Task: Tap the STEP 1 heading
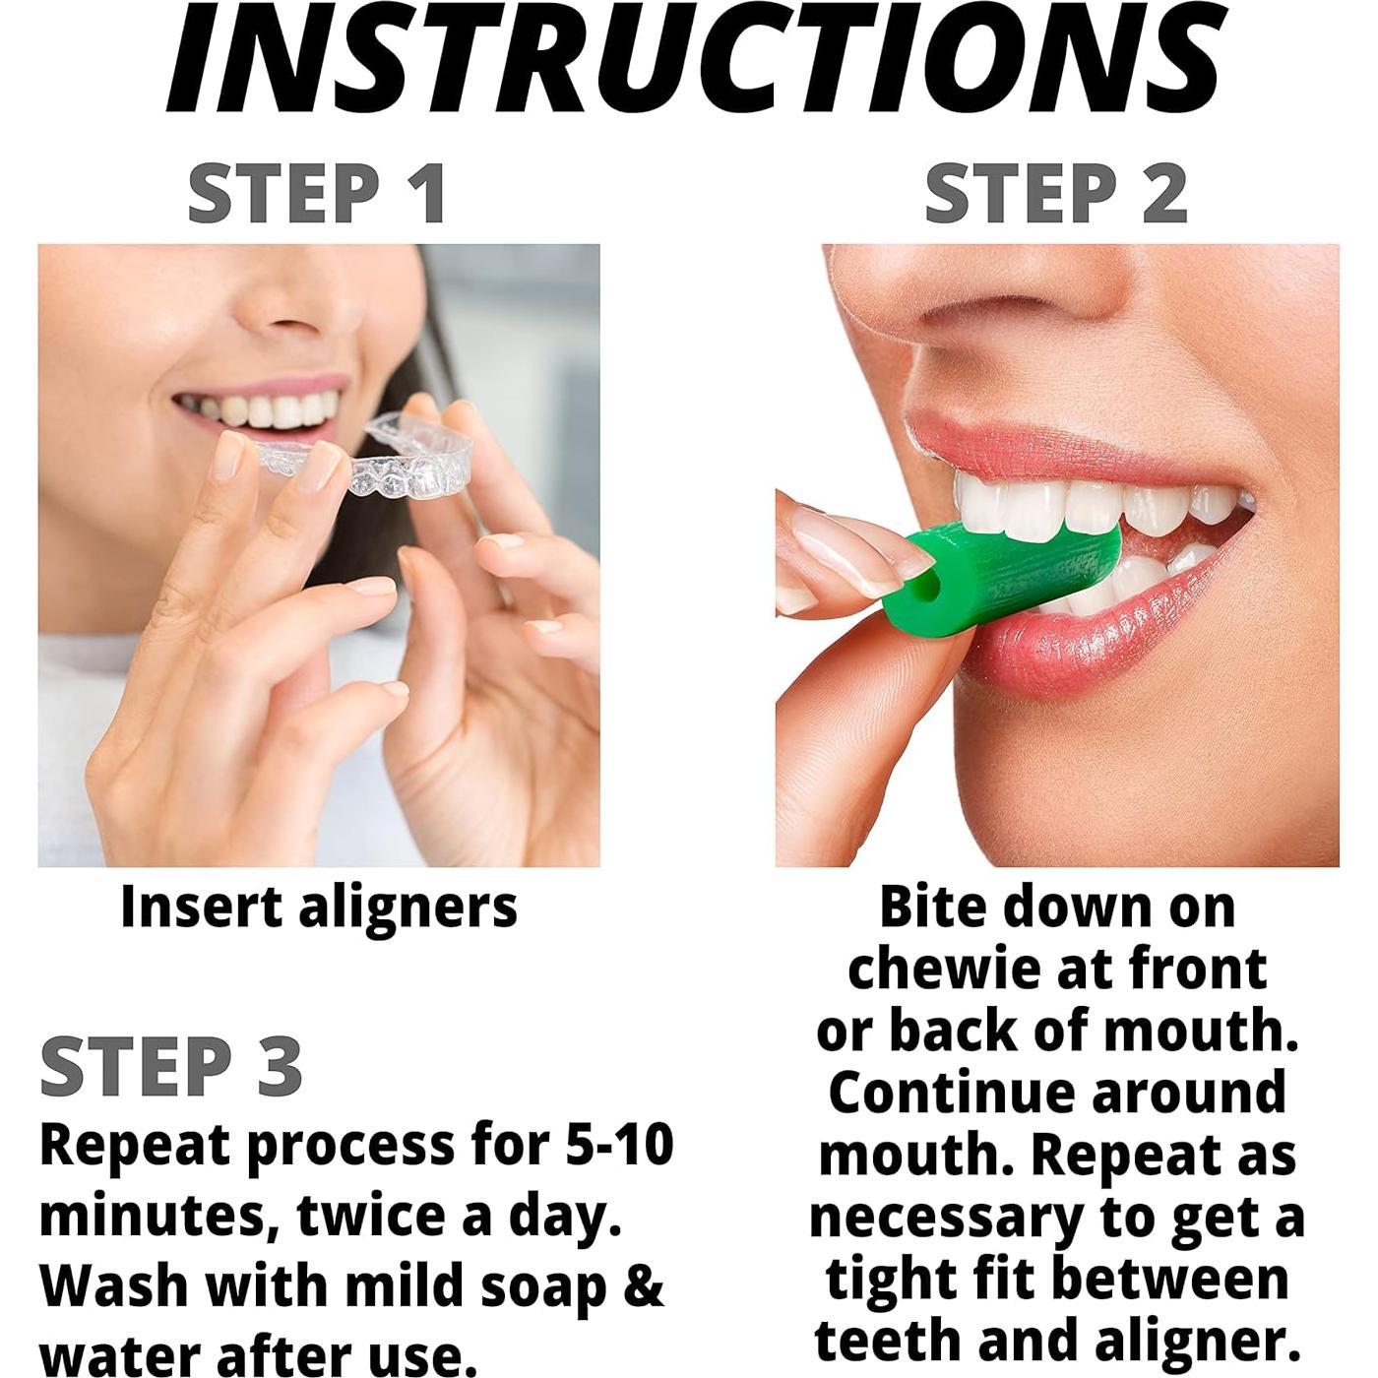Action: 317,193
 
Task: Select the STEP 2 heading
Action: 1055,193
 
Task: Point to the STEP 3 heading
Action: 171,1067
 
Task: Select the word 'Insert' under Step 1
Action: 201,906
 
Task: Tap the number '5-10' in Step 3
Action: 620,1145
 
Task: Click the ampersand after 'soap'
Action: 645,1286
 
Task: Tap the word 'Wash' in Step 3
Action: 112,1286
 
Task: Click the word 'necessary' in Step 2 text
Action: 945,1219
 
